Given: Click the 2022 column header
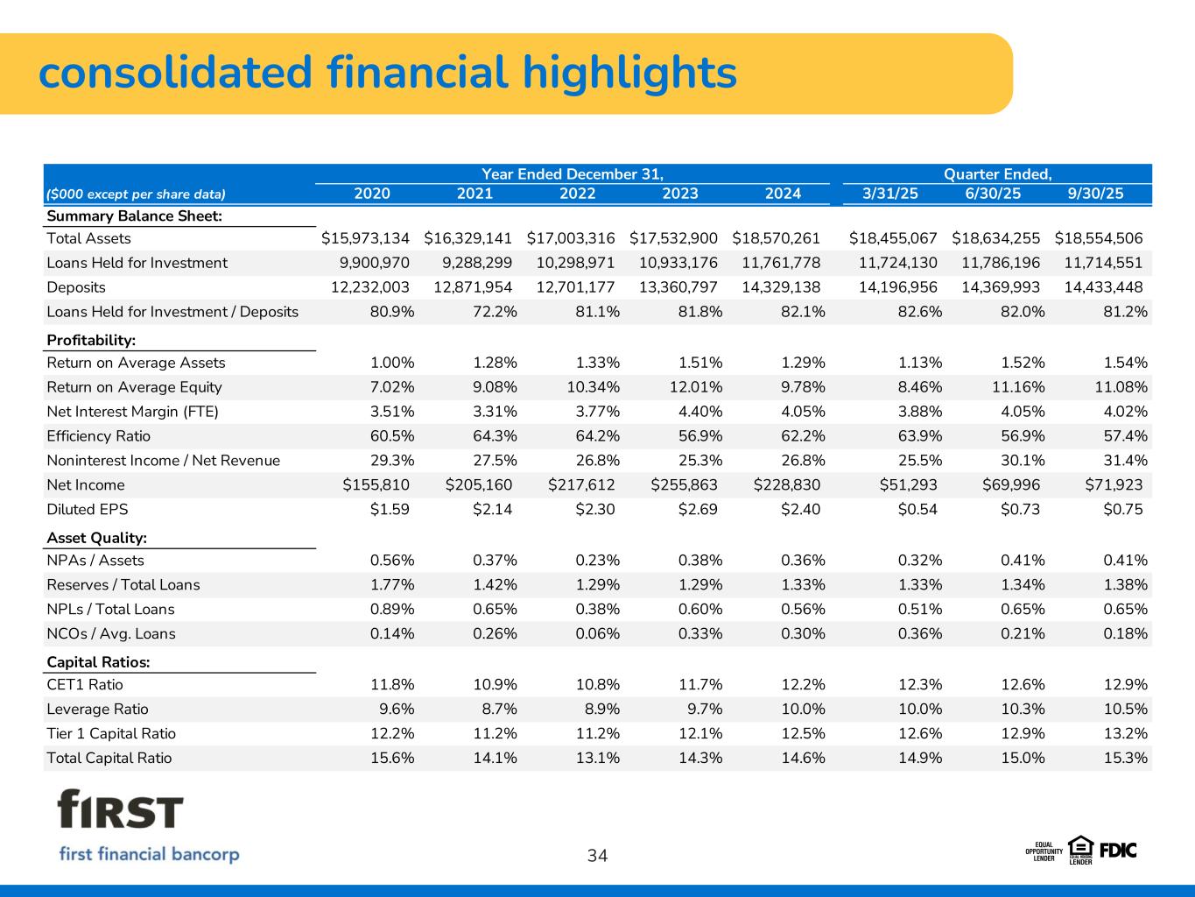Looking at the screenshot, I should [x=577, y=194].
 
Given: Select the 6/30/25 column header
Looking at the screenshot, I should [x=993, y=194].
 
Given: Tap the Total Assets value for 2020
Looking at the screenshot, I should [x=365, y=238].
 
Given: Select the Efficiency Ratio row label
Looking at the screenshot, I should [x=98, y=436].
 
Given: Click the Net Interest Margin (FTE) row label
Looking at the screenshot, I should [x=132, y=412].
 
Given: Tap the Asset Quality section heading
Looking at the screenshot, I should [x=96, y=538].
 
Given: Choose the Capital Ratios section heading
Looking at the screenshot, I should [x=98, y=662].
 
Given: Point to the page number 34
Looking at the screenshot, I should [x=597, y=856].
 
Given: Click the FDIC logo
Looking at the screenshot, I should [x=1118, y=850].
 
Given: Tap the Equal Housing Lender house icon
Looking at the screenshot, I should [x=1081, y=846].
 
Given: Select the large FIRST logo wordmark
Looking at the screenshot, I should [x=121, y=809].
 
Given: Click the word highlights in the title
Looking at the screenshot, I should [x=629, y=73].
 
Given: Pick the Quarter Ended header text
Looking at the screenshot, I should [x=997, y=173].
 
